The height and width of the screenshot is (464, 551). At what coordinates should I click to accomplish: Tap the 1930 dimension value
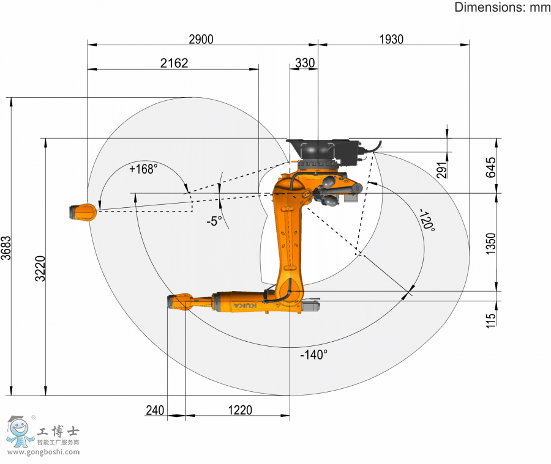391,40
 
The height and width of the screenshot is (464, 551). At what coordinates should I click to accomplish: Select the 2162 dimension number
174,63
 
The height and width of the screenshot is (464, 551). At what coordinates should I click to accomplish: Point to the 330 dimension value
305,63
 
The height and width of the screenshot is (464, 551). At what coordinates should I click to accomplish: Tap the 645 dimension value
490,167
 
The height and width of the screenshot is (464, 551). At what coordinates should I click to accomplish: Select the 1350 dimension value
490,243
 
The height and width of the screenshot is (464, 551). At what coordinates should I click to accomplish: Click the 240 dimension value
155,410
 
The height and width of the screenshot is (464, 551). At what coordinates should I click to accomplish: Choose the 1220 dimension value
238,410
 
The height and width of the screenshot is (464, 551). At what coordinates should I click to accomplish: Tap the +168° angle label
143,169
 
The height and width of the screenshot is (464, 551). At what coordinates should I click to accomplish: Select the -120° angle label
427,220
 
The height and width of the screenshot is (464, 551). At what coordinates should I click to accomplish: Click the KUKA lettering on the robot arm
247,304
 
